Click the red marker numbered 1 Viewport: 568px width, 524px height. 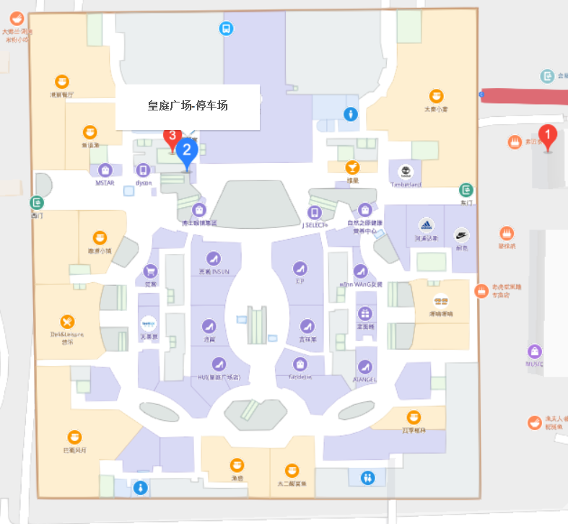tap(549, 135)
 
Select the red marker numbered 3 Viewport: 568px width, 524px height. tap(171, 136)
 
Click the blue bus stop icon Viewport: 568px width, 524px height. tap(226, 29)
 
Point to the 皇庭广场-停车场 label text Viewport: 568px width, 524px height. tap(187, 105)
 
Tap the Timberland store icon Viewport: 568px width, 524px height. tap(405, 172)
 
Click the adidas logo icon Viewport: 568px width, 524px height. tap(426, 224)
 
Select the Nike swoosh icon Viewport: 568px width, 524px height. tap(461, 235)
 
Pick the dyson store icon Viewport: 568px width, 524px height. tap(143, 170)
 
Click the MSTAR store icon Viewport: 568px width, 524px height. tap(105, 170)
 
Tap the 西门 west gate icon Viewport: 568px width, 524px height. tap(37, 203)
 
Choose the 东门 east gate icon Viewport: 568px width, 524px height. tap(466, 191)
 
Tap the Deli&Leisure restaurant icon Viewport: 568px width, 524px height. tap(67, 321)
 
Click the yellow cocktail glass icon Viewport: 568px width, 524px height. tap(352, 167)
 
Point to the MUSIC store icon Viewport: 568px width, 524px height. tap(534, 351)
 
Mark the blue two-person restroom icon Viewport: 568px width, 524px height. tap(368, 478)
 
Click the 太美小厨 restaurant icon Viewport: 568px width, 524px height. tap(436, 96)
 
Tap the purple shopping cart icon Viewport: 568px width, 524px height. tap(150, 271)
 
